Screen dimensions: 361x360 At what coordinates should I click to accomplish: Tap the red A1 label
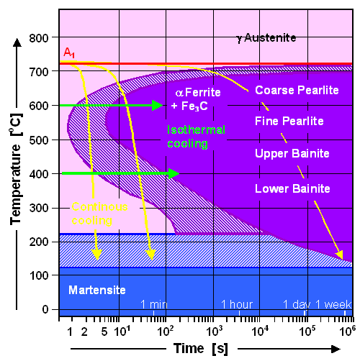68,53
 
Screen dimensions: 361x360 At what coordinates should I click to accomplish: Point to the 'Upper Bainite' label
292,154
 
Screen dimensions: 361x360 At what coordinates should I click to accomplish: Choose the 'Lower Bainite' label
292,188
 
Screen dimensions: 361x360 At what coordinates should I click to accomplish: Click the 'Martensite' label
96,290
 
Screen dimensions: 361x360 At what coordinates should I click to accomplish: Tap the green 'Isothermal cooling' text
196,136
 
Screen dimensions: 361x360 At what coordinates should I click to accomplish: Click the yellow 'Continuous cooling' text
99,213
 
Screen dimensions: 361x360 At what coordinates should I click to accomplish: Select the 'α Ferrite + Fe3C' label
198,99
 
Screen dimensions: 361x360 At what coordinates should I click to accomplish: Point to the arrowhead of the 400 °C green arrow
174,173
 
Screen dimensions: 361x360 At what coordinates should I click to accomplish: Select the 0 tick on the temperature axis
46,309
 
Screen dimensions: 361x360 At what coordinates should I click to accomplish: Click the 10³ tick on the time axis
214,330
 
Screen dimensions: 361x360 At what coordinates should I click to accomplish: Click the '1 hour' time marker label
238,304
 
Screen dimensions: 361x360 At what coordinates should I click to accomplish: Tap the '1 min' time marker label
154,304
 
